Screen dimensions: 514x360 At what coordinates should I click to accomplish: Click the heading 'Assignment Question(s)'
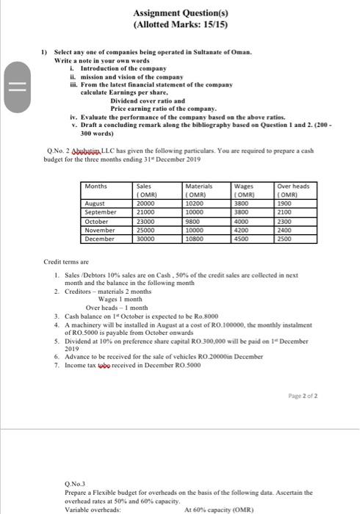click(179, 12)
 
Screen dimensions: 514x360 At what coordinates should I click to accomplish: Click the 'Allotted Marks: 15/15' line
click(179, 25)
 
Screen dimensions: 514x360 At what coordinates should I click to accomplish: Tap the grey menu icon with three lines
click(17, 79)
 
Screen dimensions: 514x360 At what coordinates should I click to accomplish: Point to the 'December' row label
click(100, 239)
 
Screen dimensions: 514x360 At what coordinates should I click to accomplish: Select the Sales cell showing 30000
click(147, 239)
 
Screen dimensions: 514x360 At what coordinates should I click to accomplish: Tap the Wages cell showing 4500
click(241, 239)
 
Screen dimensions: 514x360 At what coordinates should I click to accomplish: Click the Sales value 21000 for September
click(147, 211)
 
